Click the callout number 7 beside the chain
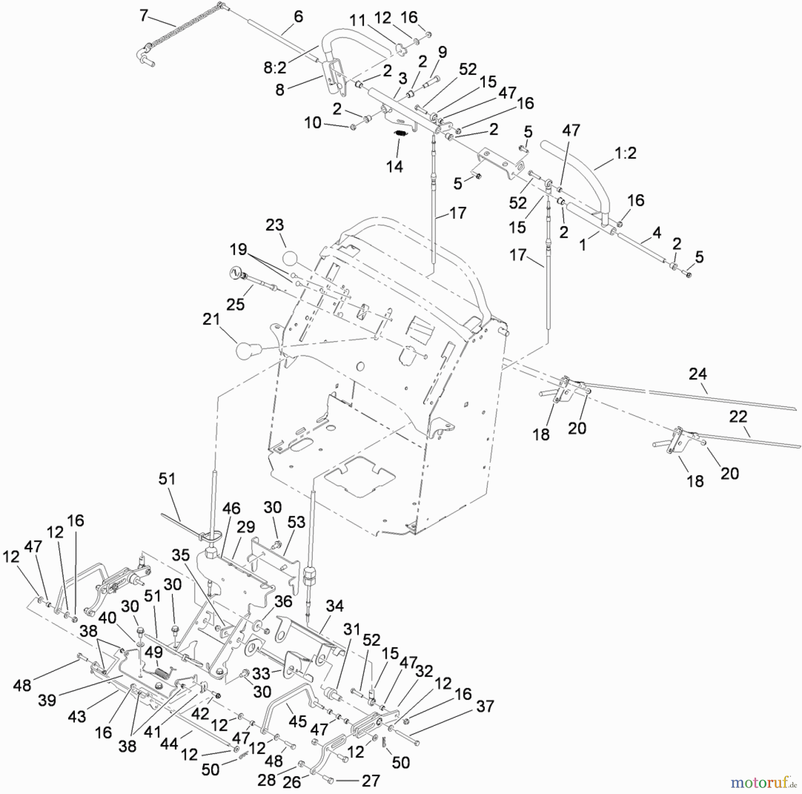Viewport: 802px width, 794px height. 143,16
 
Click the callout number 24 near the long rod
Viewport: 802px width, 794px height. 698,374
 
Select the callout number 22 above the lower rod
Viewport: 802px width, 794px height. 738,416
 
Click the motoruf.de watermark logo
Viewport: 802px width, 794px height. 764,782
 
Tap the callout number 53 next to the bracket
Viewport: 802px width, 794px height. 296,522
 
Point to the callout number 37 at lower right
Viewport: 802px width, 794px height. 485,706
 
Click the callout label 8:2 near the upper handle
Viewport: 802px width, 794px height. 275,67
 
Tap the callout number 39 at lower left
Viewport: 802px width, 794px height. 47,700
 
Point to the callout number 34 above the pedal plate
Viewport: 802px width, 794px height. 335,606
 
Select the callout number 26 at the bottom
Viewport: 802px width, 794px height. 292,782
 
